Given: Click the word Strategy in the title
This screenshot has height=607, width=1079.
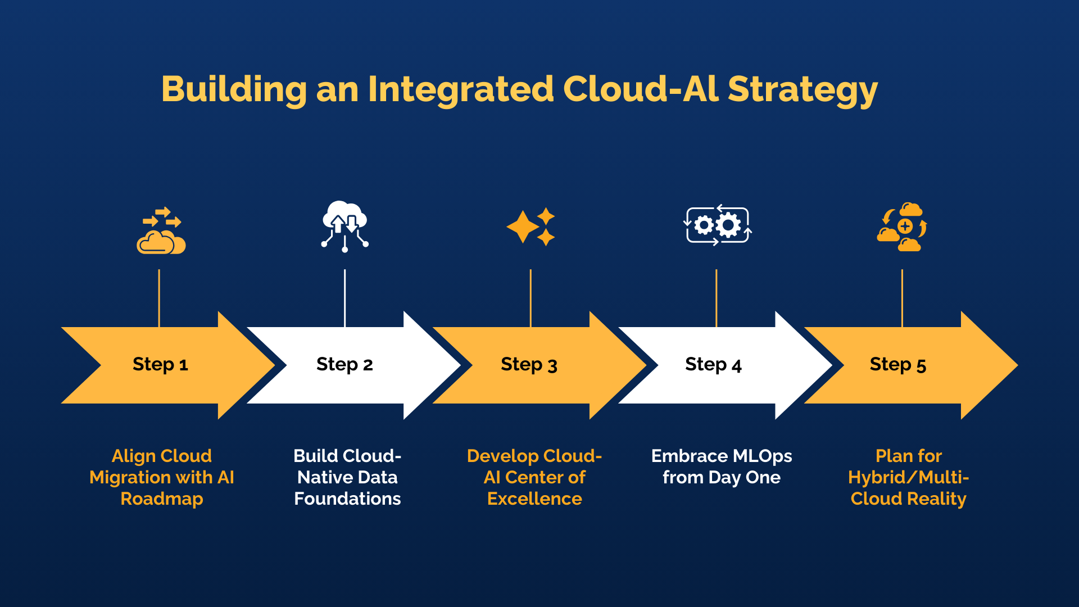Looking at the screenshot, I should (802, 90).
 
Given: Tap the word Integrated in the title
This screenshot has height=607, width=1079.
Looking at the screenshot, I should (461, 90).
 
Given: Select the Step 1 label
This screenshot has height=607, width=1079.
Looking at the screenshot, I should (160, 364).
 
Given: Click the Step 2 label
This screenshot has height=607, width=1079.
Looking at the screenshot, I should (344, 364).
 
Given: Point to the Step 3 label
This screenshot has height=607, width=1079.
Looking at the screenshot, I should (529, 364).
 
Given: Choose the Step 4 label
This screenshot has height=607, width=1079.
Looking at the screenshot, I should (713, 364).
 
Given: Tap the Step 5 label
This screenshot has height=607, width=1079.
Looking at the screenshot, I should (897, 364).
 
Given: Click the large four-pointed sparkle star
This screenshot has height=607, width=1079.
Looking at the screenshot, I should (523, 227).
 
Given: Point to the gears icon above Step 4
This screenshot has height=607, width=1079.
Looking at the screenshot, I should (717, 225).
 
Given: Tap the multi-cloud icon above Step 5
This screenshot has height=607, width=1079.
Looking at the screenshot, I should (901, 227).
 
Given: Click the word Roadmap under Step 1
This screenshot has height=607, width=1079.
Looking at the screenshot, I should (162, 499).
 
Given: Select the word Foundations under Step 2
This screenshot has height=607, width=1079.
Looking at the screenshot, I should (347, 499).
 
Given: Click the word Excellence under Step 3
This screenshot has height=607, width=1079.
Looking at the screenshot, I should (534, 499).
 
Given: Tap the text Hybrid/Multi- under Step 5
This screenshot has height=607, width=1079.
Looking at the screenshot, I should (908, 477).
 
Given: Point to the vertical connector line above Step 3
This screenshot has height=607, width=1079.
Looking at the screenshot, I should (531, 298).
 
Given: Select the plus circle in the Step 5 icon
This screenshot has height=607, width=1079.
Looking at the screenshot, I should (905, 227).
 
